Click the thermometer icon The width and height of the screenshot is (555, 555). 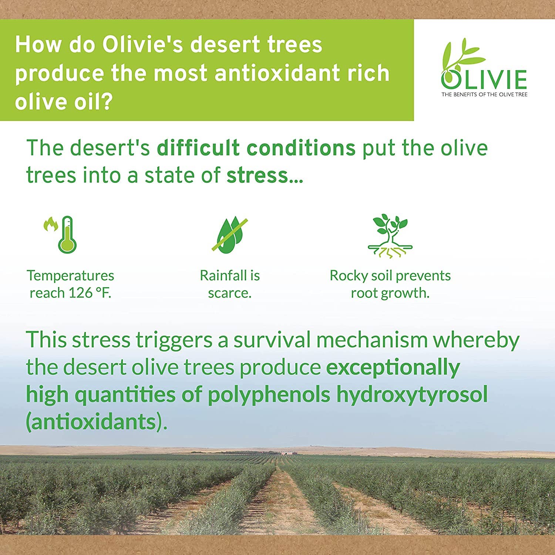pos(67,235)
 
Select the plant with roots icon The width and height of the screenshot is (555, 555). pos(390,236)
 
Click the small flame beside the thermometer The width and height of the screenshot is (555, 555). pos(51,224)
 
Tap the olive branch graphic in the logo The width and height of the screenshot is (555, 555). pos(462,55)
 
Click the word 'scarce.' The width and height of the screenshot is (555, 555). pos(230,293)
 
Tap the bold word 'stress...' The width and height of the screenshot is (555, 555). pos(265,175)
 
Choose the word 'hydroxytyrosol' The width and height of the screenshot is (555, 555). pos(412,394)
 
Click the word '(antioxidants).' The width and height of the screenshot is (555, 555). pos(96,422)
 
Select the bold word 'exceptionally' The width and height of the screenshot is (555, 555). pos(393,367)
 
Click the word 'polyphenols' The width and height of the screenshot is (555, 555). pos(269,394)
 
